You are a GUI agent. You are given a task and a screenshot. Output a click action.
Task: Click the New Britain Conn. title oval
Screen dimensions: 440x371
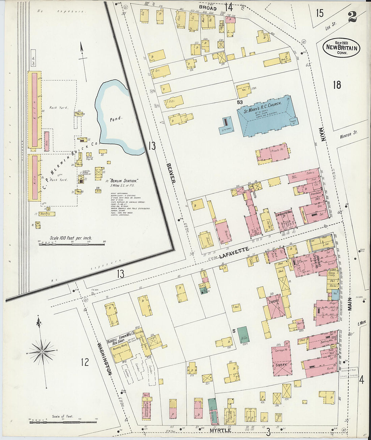pos(341,48)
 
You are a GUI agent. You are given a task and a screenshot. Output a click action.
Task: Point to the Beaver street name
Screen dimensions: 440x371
pos(171,173)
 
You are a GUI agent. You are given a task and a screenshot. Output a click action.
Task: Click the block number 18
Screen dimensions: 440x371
pos(337,85)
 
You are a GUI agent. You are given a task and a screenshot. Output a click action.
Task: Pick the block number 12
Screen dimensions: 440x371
pos(85,362)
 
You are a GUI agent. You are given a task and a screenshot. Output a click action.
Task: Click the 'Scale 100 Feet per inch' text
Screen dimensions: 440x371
pos(71,238)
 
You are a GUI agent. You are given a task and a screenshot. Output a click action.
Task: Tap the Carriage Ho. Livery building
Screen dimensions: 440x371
pos(281,359)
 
